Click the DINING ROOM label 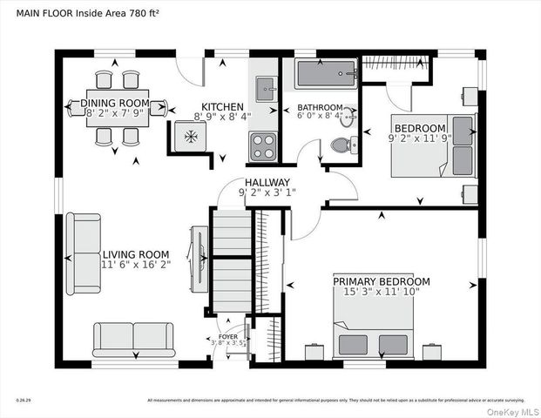pos(116,104)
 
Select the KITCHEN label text pos(223,107)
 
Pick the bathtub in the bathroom pos(325,76)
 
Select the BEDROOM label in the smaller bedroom pos(417,127)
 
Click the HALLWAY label pos(267,182)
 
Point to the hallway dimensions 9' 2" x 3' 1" pos(267,192)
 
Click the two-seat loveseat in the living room pos(134,338)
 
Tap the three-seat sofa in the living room pos(84,253)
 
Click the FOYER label pos(227,334)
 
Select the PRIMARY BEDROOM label pos(382,281)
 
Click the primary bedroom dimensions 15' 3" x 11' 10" pos(382,292)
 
